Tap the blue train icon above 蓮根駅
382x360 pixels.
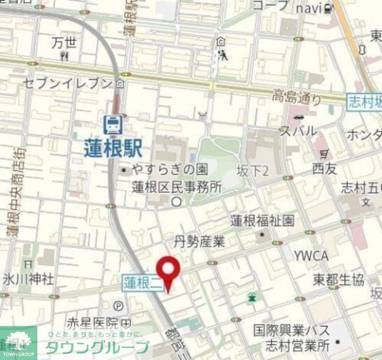pyautogui.click(x=113, y=125)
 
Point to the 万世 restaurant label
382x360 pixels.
pyautogui.click(x=64, y=43)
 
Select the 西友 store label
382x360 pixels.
pyautogui.click(x=325, y=169)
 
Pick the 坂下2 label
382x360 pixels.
pyautogui.click(x=253, y=170)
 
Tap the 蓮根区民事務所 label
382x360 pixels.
pyautogui.click(x=177, y=187)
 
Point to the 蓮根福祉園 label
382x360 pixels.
pyautogui.click(x=262, y=220)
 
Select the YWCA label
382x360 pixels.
pyautogui.click(x=311, y=256)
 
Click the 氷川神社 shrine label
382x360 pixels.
pyautogui.click(x=28, y=278)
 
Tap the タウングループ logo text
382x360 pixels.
pyautogui.click(x=96, y=347)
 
